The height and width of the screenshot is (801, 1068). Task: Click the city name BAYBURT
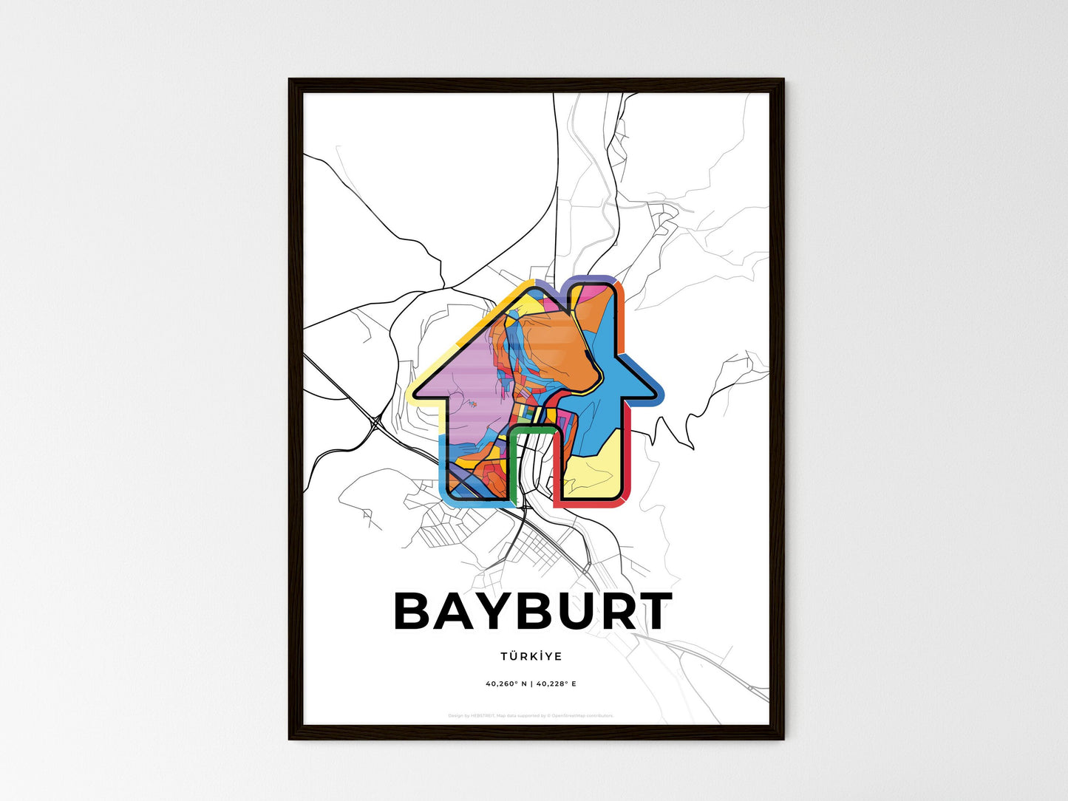(533, 612)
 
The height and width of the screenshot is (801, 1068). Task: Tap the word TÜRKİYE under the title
(531, 656)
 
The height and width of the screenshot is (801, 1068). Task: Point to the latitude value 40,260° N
(506, 684)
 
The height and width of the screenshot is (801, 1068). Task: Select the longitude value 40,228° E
(557, 684)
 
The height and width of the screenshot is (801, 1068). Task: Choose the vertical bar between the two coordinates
(531, 684)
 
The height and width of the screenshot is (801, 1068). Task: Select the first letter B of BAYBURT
(417, 612)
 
